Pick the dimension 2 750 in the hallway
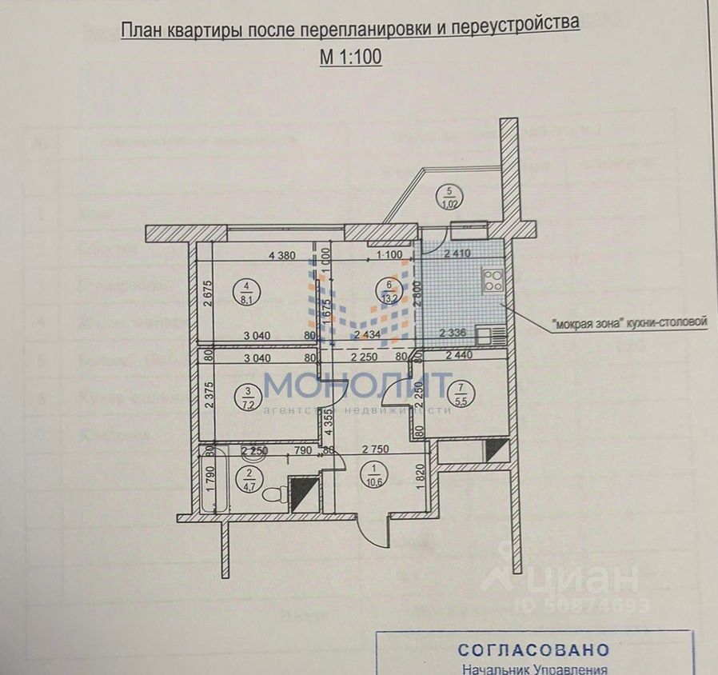pos(375,450)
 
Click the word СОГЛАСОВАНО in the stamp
pos(533,649)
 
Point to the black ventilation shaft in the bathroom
pos(303,494)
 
